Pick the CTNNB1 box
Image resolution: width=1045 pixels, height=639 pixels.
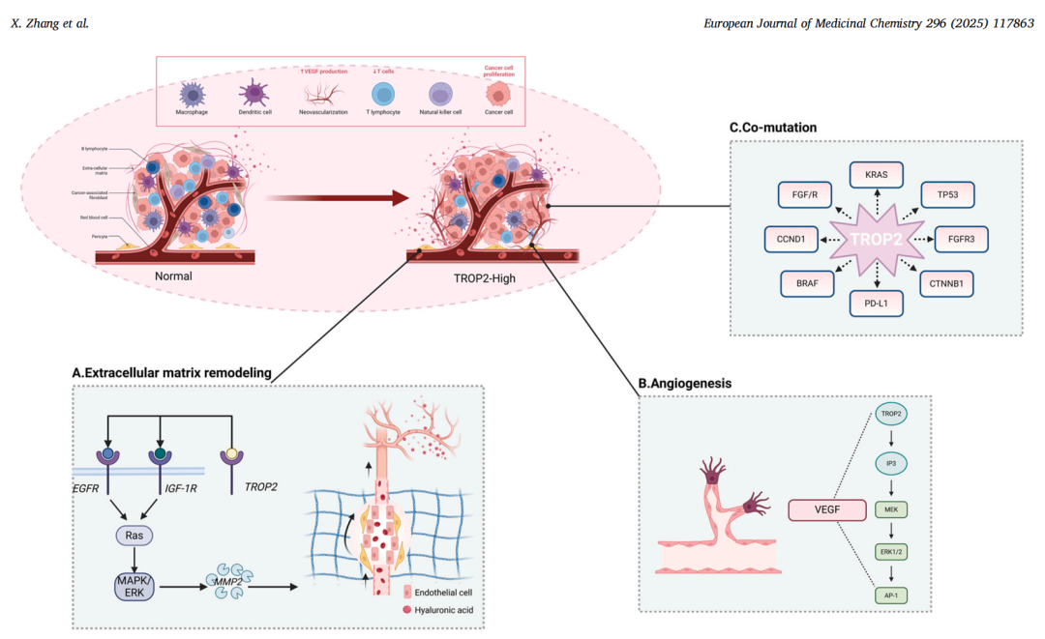[945, 285]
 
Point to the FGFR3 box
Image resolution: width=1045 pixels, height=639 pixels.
[962, 239]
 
